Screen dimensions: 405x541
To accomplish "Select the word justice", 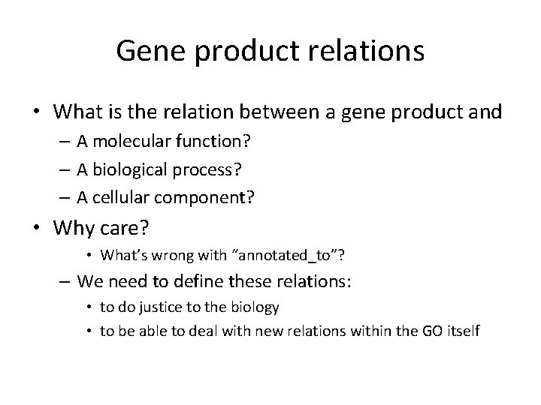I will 150,307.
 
